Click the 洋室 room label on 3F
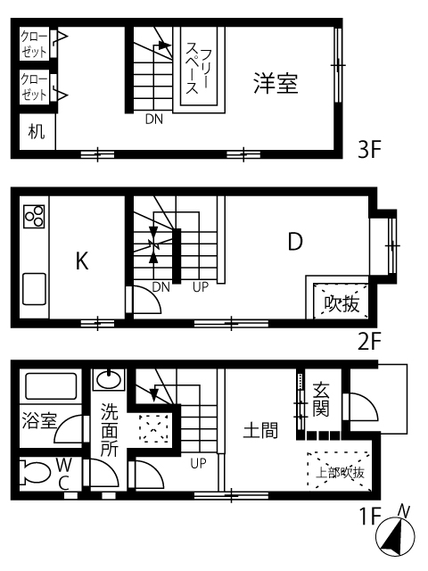pyautogui.click(x=276, y=83)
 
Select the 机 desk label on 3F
pyautogui.click(x=37, y=131)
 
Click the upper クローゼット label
pyautogui.click(x=34, y=44)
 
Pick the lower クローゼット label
pyautogui.click(x=34, y=87)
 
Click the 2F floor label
pyautogui.click(x=369, y=342)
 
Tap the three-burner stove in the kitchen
pyautogui.click(x=34, y=216)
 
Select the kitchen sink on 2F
pyautogui.click(x=34, y=289)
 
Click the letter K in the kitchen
pyautogui.click(x=82, y=261)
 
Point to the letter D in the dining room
pyautogui.click(x=295, y=241)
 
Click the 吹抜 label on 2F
pyautogui.click(x=342, y=303)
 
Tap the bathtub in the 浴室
pyautogui.click(x=51, y=386)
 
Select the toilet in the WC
pyautogui.click(x=35, y=472)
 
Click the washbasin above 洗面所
pyautogui.click(x=109, y=380)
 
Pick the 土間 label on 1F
pyautogui.click(x=260, y=430)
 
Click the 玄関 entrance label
pyautogui.click(x=321, y=399)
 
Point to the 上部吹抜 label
pyautogui.click(x=340, y=473)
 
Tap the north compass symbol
pyautogui.click(x=395, y=534)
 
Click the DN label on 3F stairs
pyautogui.click(x=154, y=119)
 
